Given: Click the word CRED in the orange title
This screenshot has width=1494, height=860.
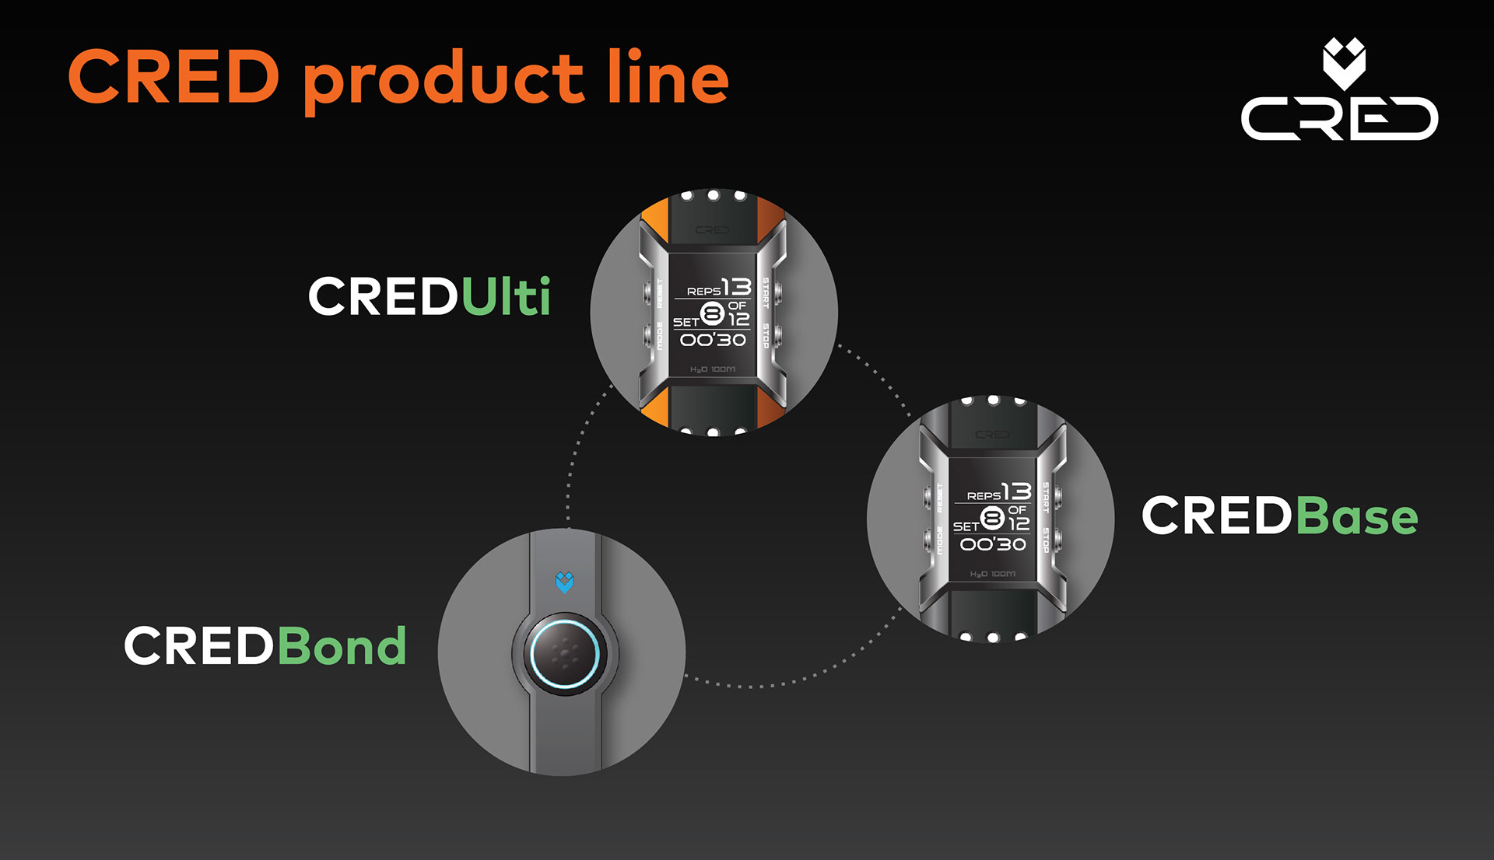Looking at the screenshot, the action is tap(174, 77).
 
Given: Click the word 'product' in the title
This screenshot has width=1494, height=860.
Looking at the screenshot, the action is tap(443, 81).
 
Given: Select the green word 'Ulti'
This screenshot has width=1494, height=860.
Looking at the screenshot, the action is tap(507, 296).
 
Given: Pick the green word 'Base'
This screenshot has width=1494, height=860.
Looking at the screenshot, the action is tap(1357, 516).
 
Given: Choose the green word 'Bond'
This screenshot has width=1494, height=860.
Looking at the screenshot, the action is tap(342, 646).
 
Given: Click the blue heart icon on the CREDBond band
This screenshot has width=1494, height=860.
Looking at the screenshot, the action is tap(564, 582).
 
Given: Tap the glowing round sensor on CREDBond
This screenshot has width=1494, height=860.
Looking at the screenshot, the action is tap(564, 654).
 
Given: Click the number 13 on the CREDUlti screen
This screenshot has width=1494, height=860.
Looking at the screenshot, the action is tap(736, 287).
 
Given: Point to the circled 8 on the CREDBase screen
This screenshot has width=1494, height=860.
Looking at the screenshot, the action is tap(992, 518).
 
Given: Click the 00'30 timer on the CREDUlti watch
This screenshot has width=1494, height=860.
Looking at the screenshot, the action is tap(713, 340).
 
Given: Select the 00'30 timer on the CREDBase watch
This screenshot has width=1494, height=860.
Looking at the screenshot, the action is tap(993, 544).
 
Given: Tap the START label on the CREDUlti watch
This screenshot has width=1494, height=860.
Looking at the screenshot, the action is tap(766, 292).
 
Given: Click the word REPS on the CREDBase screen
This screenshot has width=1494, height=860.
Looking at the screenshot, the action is tap(984, 496).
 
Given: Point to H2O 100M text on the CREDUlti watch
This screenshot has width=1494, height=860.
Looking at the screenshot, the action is tap(713, 369).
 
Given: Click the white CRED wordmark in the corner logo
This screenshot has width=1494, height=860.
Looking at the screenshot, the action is tap(1339, 119).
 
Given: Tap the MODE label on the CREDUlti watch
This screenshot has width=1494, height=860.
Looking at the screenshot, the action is tap(660, 335).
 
